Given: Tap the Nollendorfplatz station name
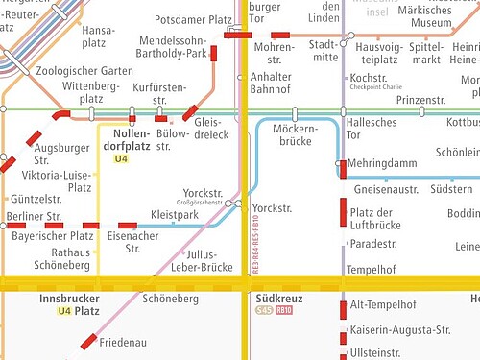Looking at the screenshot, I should tap(126, 139).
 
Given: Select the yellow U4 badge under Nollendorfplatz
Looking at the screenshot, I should tap(121, 158).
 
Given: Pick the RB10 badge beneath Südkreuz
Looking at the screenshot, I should tap(284, 311).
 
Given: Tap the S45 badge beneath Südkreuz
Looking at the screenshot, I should tap(264, 311).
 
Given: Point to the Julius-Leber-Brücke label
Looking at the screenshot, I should tap(198, 260).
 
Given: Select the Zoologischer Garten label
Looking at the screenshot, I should tap(84, 70).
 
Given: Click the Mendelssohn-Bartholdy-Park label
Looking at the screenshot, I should tap(174, 47).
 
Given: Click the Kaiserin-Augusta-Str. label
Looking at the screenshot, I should tap(401, 329).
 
